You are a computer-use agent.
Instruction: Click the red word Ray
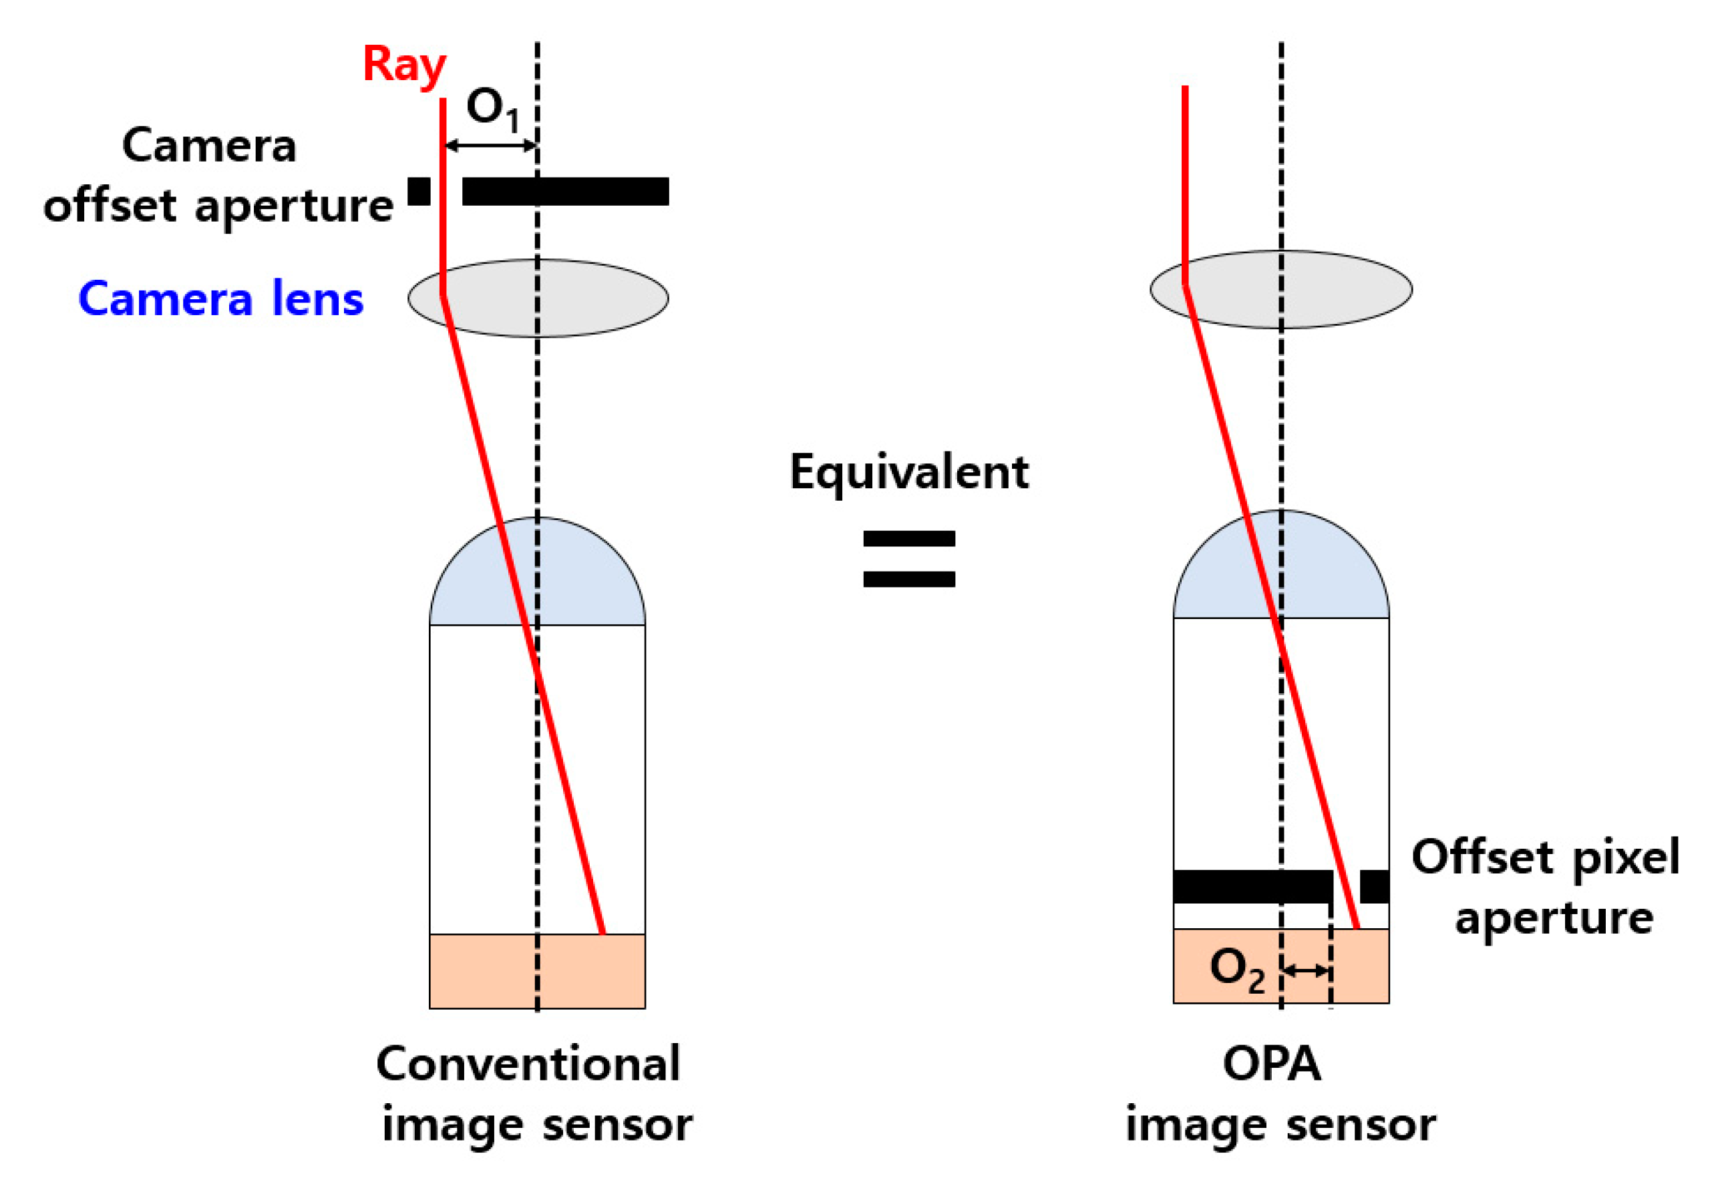tap(404, 65)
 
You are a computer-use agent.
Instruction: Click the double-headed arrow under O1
tap(490, 145)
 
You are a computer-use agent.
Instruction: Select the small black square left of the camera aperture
tap(419, 192)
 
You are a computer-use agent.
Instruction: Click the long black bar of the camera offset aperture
tap(565, 192)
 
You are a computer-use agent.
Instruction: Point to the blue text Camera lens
tap(220, 299)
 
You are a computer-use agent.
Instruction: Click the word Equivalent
tap(908, 473)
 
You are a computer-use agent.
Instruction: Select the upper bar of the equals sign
tap(908, 539)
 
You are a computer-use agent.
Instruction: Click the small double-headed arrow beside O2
tap(1306, 971)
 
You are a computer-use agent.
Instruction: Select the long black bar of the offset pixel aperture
tap(1251, 887)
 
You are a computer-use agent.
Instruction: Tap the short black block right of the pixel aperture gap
tap(1374, 887)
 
